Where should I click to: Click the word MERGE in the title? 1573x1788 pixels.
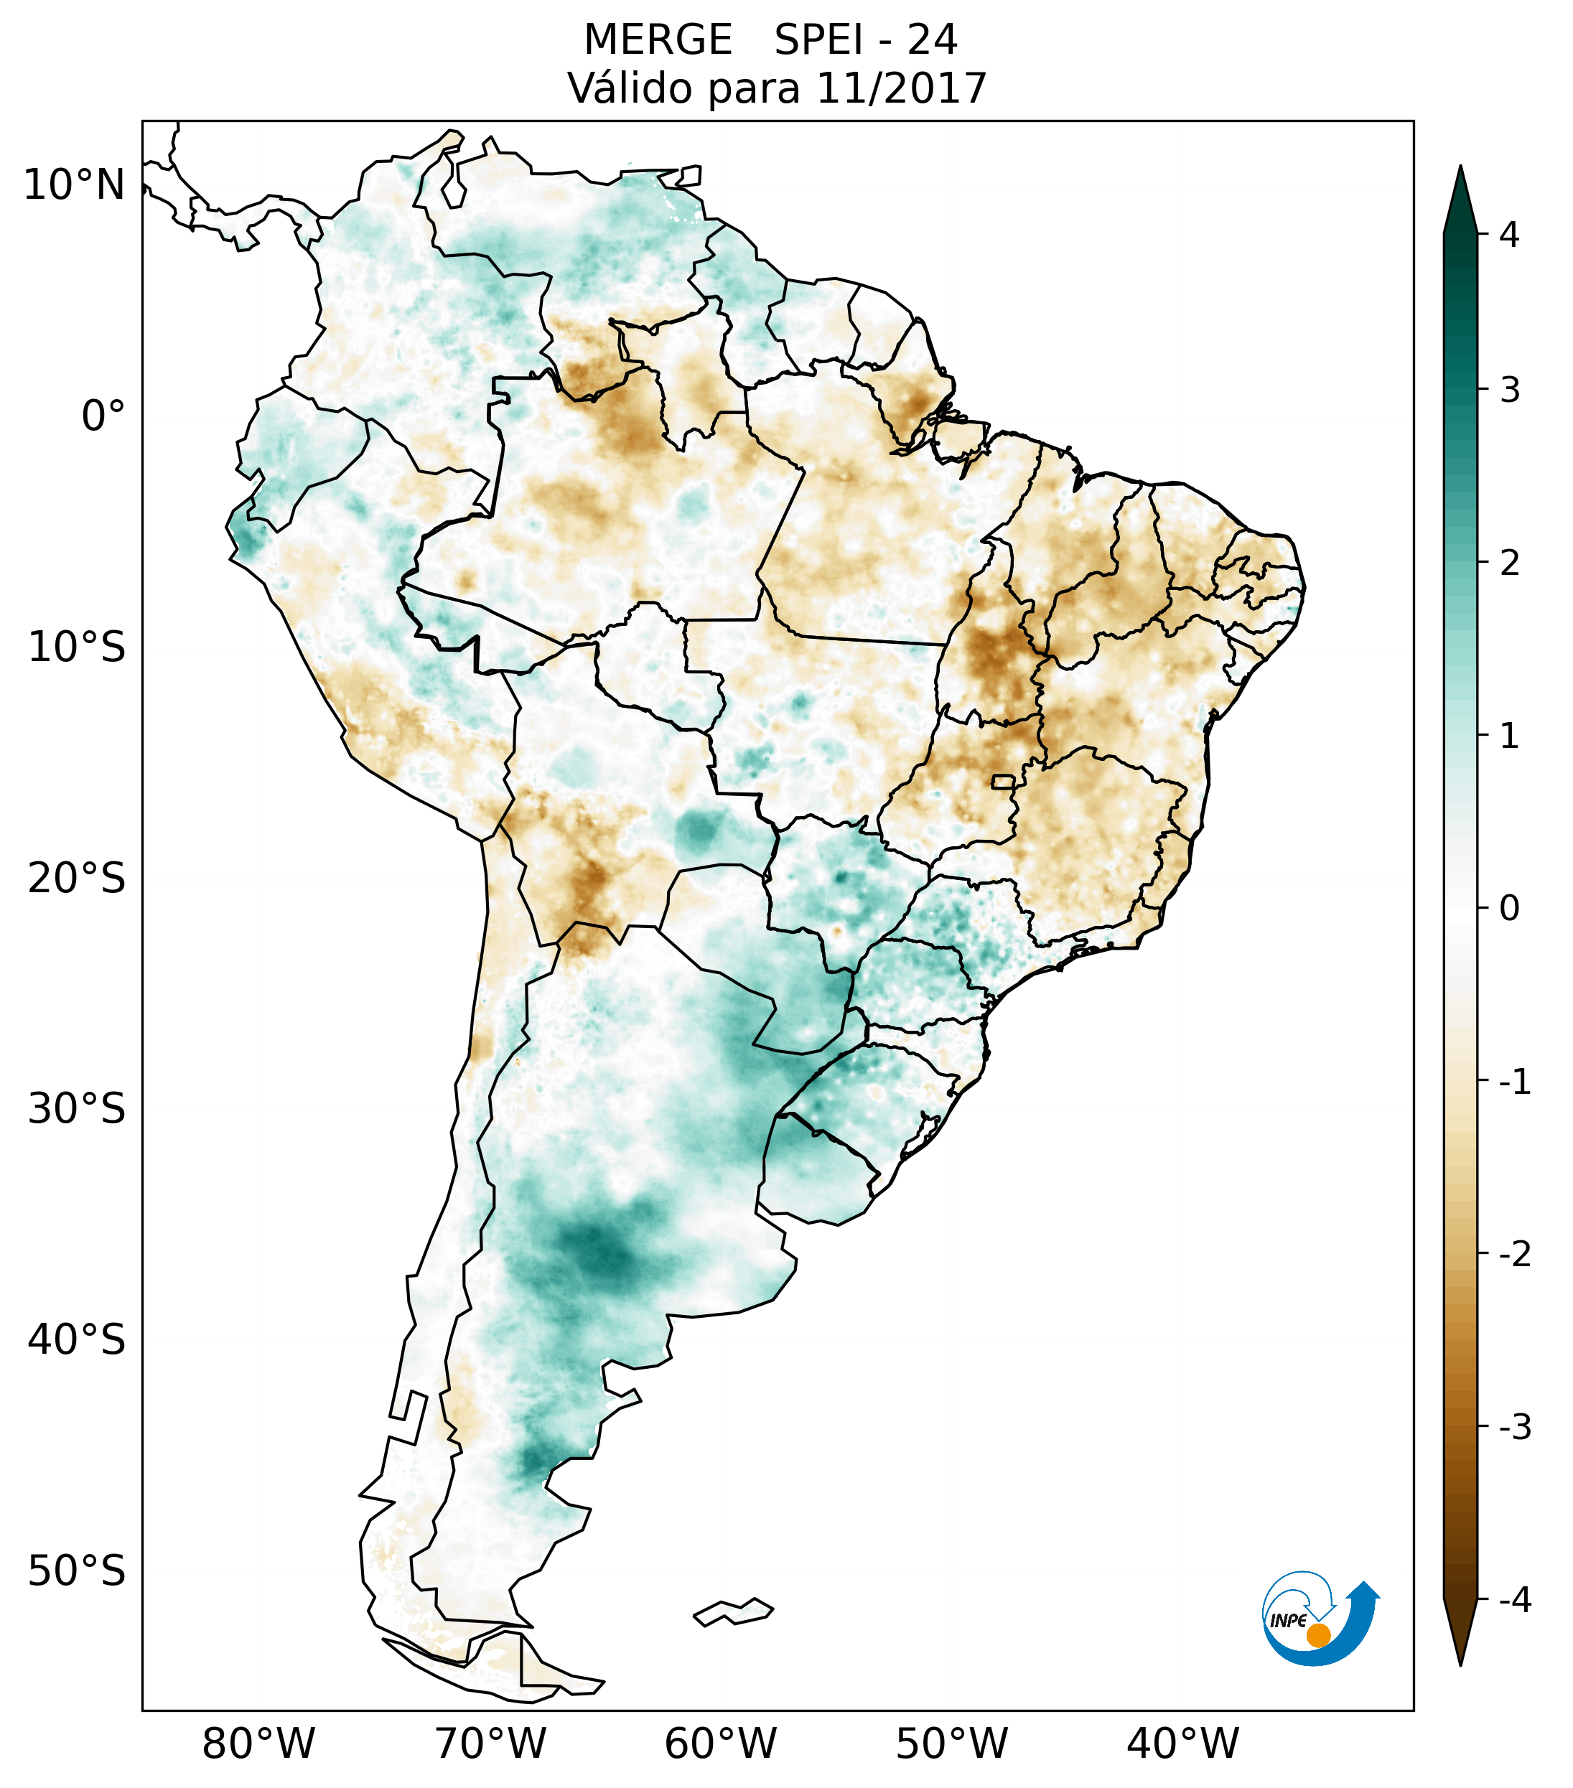(657, 40)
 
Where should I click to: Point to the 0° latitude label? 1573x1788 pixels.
(103, 416)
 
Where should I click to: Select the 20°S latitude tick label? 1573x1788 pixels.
(77, 879)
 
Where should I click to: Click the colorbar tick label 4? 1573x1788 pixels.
(1509, 235)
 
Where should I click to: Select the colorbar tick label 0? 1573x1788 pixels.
(1509, 909)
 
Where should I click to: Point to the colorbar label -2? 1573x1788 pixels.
(1514, 1255)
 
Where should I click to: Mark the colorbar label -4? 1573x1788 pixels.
(1514, 1600)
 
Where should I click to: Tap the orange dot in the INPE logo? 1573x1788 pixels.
(1317, 1635)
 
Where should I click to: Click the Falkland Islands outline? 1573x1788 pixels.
(733, 1611)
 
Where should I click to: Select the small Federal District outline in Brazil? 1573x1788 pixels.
(1004, 781)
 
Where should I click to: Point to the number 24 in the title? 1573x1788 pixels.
(932, 40)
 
